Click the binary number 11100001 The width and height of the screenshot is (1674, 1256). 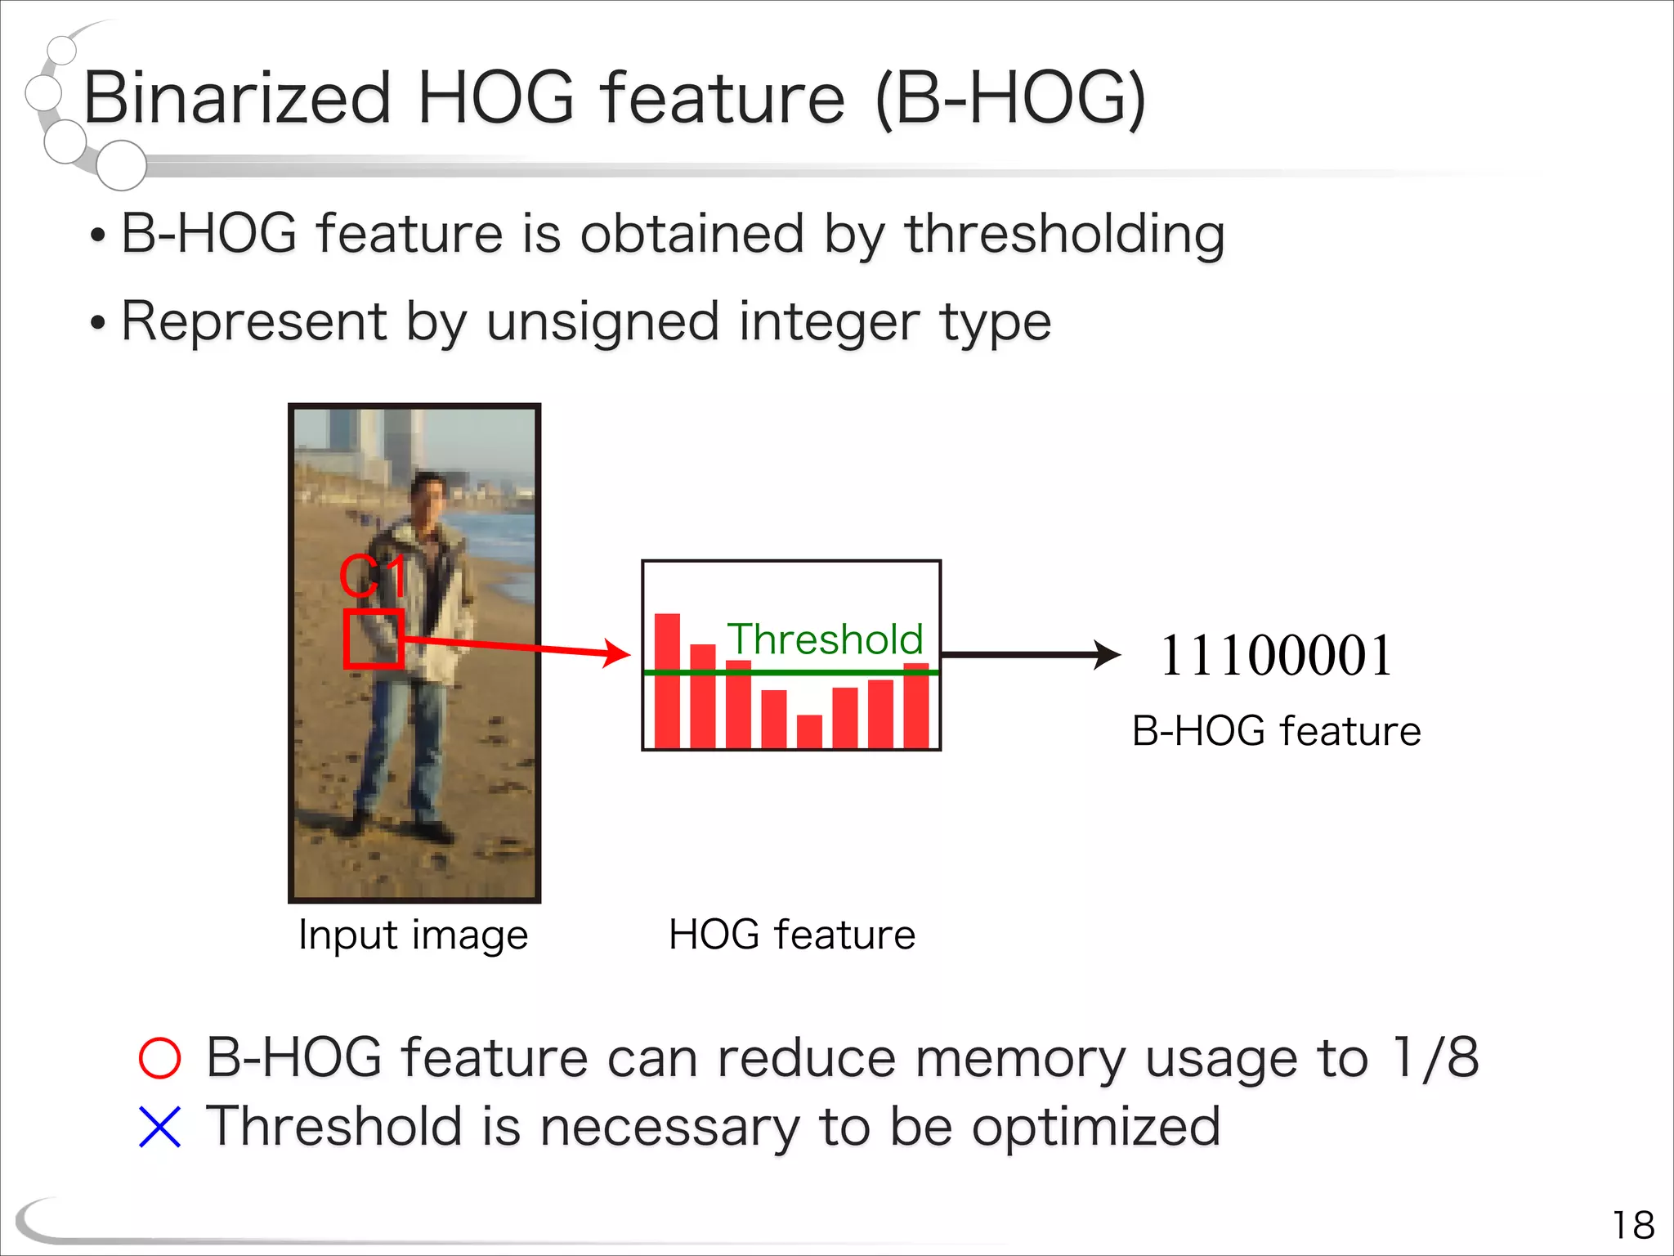pyautogui.click(x=1276, y=656)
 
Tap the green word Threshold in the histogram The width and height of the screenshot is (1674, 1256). pyautogui.click(x=825, y=639)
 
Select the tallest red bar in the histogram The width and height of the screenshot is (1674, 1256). pyautogui.click(x=667, y=680)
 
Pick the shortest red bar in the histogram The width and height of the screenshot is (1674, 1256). pyautogui.click(x=809, y=731)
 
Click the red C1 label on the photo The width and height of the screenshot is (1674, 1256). pyautogui.click(x=373, y=576)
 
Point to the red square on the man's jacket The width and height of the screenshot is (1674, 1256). pyautogui.click(x=374, y=639)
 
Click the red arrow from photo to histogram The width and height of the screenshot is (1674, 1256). pyautogui.click(x=523, y=648)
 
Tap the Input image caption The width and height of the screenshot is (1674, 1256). pyautogui.click(x=414, y=935)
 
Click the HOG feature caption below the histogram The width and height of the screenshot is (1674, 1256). pyautogui.click(x=792, y=935)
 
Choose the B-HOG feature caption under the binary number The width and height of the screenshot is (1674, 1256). pyautogui.click(x=1276, y=731)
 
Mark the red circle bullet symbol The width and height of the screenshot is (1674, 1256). pyautogui.click(x=159, y=1058)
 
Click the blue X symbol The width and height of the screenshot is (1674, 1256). pyautogui.click(x=159, y=1127)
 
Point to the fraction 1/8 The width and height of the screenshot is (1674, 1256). pyautogui.click(x=1435, y=1057)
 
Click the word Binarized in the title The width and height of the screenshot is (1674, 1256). pyautogui.click(x=237, y=98)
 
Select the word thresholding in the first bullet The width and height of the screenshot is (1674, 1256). pyautogui.click(x=1064, y=235)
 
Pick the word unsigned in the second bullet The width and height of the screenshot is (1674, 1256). pyautogui.click(x=603, y=321)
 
